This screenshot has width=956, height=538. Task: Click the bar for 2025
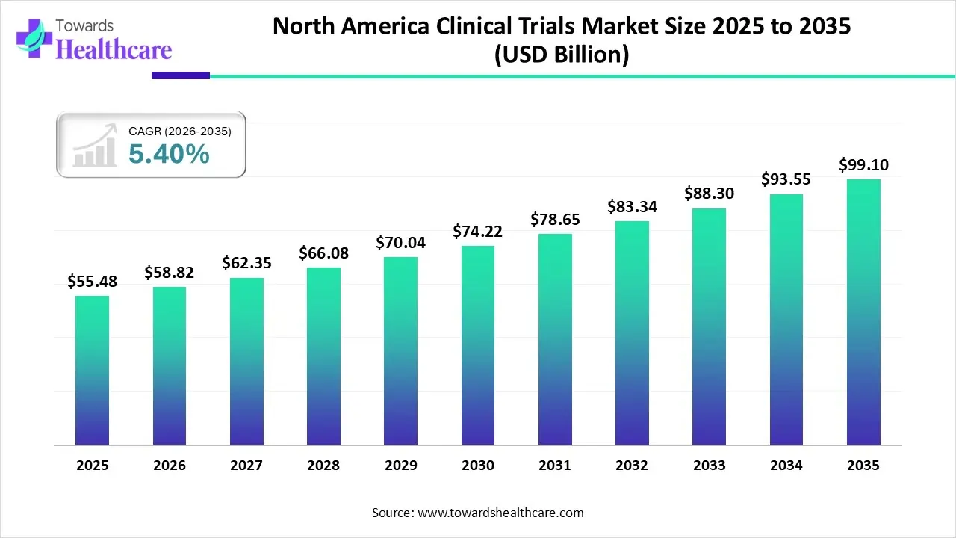(92, 371)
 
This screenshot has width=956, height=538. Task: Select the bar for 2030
(478, 345)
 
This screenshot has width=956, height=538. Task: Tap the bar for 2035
(863, 312)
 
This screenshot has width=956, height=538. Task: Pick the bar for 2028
(323, 356)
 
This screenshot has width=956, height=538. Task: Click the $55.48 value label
(92, 281)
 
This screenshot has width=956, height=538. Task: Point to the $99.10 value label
(863, 164)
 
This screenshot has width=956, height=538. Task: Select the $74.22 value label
(478, 232)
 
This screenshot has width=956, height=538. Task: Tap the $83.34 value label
(632, 206)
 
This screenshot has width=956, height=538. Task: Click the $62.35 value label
(246, 263)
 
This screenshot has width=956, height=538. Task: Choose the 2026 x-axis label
(170, 466)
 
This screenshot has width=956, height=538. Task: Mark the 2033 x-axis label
(709, 466)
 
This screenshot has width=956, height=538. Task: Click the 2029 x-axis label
(401, 466)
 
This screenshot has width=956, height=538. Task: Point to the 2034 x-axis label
(786, 466)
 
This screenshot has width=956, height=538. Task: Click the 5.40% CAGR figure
(169, 154)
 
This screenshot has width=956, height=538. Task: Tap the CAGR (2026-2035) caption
(180, 132)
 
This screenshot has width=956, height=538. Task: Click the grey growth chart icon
(95, 146)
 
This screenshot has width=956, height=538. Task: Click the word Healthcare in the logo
(114, 49)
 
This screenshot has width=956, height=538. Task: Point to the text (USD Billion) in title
(562, 55)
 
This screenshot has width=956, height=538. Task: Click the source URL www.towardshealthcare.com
(499, 513)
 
